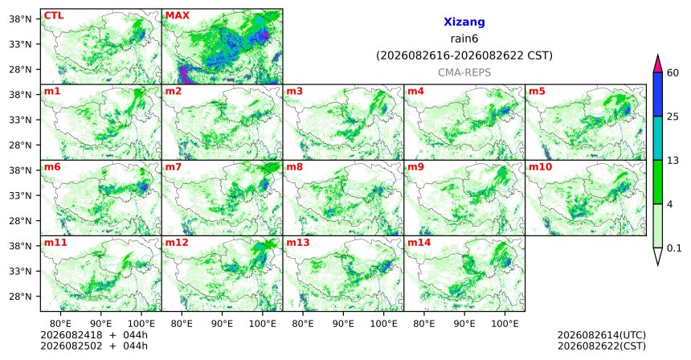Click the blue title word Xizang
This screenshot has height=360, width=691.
(x=464, y=22)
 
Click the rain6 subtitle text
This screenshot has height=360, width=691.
(x=464, y=39)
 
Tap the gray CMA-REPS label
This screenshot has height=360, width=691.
(x=464, y=72)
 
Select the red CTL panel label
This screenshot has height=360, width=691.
(x=54, y=15)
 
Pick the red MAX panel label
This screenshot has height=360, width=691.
(x=177, y=15)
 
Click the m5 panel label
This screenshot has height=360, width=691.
(x=537, y=92)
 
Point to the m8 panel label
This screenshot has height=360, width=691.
(x=295, y=167)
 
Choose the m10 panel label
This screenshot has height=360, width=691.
(x=540, y=167)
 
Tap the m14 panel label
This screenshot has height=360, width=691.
(x=419, y=243)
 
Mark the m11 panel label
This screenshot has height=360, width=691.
(x=55, y=243)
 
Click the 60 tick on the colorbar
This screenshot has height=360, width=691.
(x=673, y=72)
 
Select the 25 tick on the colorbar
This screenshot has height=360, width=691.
(x=673, y=117)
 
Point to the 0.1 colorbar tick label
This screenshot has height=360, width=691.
(x=674, y=248)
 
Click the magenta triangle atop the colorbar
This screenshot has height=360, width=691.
(x=658, y=64)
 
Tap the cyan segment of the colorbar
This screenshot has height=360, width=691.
(x=658, y=138)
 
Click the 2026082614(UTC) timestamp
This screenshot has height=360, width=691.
(x=602, y=335)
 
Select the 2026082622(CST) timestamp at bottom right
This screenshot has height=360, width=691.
(x=602, y=346)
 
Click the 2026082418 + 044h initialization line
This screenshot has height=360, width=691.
(x=94, y=335)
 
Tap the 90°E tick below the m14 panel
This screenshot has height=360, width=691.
(x=464, y=324)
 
